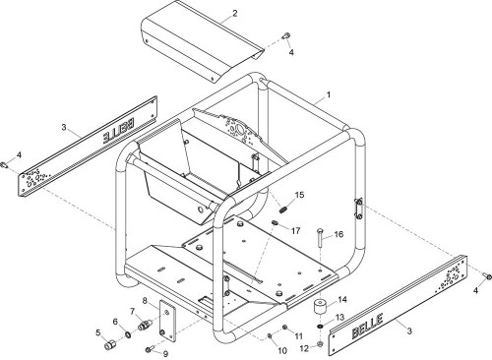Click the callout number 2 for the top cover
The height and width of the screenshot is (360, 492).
[234, 14]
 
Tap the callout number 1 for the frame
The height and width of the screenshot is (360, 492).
[329, 94]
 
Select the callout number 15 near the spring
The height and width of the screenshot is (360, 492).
[299, 195]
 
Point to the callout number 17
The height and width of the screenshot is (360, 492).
[295, 230]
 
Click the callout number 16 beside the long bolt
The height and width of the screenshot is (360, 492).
[338, 234]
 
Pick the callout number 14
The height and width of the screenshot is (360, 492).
[342, 300]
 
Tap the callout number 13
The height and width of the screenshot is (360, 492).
[339, 318]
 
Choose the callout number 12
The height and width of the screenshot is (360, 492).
[304, 348]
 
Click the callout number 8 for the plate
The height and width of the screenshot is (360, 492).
[145, 300]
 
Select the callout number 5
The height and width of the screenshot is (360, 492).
[98, 332]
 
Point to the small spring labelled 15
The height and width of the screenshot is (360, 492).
[282, 209]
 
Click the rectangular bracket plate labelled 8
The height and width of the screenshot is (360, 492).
[167, 321]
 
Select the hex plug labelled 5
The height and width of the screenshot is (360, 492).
[110, 345]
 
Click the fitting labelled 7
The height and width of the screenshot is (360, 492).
[144, 326]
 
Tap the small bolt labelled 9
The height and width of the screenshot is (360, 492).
[149, 349]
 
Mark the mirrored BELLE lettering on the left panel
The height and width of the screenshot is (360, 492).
[118, 131]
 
